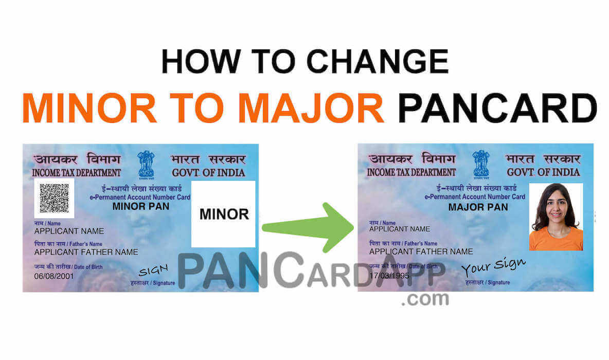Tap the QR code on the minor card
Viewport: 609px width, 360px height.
(54, 198)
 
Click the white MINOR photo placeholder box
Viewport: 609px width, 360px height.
(224, 213)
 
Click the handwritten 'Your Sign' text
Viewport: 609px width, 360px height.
(493, 267)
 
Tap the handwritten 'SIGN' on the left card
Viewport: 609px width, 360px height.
(153, 271)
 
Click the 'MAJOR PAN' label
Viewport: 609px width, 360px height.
(478, 207)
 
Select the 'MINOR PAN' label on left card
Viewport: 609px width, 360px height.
(140, 207)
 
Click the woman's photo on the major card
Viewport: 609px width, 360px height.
(556, 217)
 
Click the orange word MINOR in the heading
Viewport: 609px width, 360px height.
(89, 109)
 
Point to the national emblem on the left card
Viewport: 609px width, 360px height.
(146, 164)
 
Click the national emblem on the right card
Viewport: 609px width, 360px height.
(481, 164)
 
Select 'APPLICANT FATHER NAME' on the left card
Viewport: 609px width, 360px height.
(86, 252)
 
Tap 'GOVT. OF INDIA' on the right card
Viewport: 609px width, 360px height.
(543, 172)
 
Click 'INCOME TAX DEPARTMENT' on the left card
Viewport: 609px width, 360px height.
(77, 172)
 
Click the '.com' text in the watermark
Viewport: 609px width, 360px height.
(424, 299)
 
